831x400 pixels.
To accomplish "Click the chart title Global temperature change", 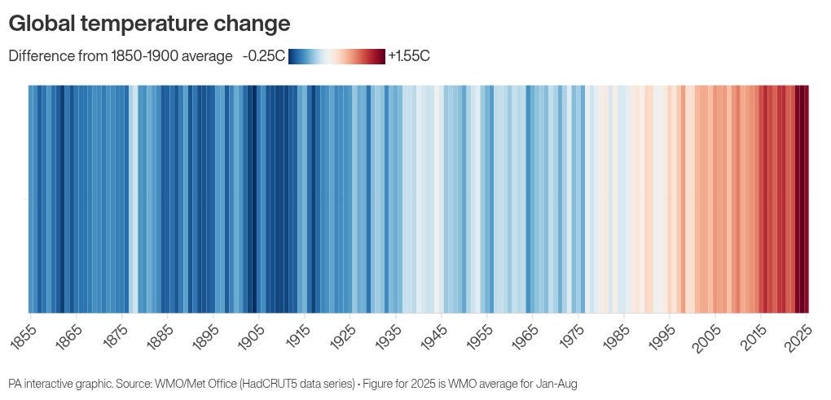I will [149, 24].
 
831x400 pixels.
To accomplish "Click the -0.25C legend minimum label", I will [263, 56].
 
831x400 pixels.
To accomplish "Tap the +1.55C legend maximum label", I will [409, 56].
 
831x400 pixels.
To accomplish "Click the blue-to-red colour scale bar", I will [336, 56].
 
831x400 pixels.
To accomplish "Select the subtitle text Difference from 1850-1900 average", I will [121, 56].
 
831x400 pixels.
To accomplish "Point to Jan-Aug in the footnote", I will [557, 383].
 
